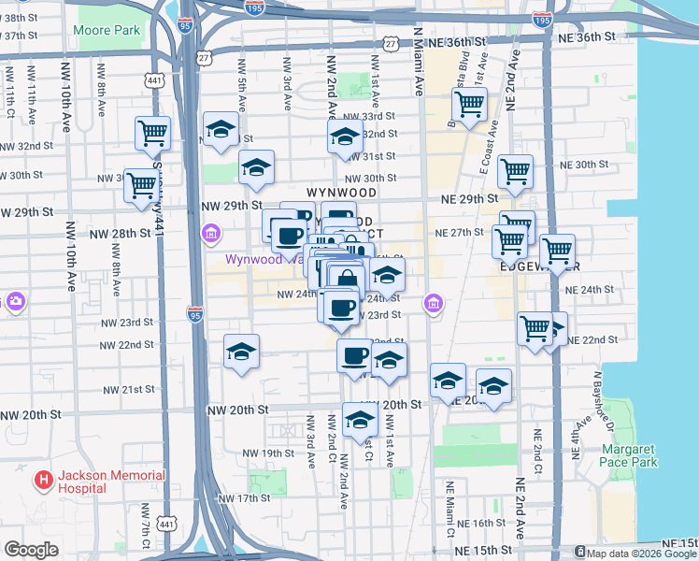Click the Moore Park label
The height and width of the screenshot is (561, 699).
(107, 30)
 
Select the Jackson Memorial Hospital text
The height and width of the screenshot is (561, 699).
(111, 482)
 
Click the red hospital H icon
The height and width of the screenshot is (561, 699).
(42, 482)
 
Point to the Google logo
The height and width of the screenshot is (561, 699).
(31, 550)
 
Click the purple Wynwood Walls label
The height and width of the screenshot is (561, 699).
(264, 259)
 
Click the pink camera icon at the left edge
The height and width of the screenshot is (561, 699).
(15, 301)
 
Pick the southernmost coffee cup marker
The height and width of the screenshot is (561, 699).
(355, 354)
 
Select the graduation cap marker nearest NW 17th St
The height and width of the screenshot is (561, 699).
(359, 420)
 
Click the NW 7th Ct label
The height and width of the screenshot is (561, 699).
(147, 529)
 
